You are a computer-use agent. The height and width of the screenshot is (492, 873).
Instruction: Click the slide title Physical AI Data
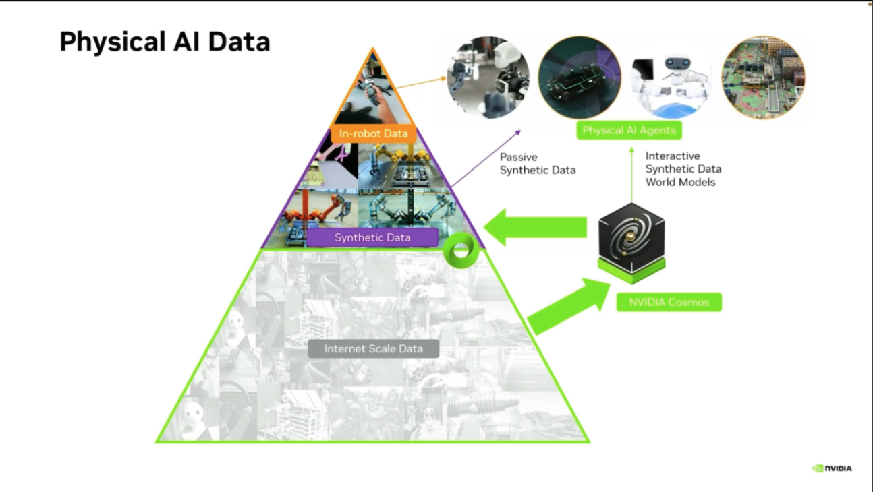click(x=165, y=42)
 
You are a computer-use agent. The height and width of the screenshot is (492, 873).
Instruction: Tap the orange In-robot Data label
click(x=373, y=133)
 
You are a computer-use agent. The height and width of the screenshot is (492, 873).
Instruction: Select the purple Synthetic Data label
click(x=372, y=237)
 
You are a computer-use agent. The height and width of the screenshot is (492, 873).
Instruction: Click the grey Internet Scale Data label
click(x=373, y=348)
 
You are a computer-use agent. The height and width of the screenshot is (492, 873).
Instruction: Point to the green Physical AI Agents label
click(x=629, y=130)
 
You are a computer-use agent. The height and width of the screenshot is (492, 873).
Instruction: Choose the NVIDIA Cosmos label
click(x=669, y=302)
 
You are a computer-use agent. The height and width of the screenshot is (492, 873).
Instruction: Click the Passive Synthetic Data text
click(x=537, y=164)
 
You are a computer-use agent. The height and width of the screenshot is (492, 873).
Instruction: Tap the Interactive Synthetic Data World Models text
click(x=683, y=169)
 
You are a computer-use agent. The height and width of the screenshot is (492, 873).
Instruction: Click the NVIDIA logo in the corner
click(x=831, y=468)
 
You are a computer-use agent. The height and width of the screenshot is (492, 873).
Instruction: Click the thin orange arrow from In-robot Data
click(x=420, y=83)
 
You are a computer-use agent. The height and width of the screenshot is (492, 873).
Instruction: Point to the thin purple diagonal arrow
click(x=486, y=158)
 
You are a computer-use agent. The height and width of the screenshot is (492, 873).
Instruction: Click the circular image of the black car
click(x=580, y=78)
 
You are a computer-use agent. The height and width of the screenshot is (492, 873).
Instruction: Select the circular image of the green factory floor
click(x=763, y=78)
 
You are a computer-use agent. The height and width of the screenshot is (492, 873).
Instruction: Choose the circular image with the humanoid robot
click(x=488, y=78)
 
